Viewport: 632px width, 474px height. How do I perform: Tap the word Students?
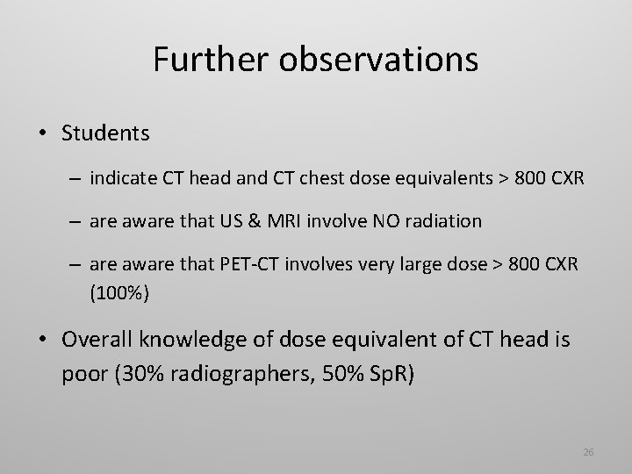[106, 133]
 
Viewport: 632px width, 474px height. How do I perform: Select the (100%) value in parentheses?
[120, 292]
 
